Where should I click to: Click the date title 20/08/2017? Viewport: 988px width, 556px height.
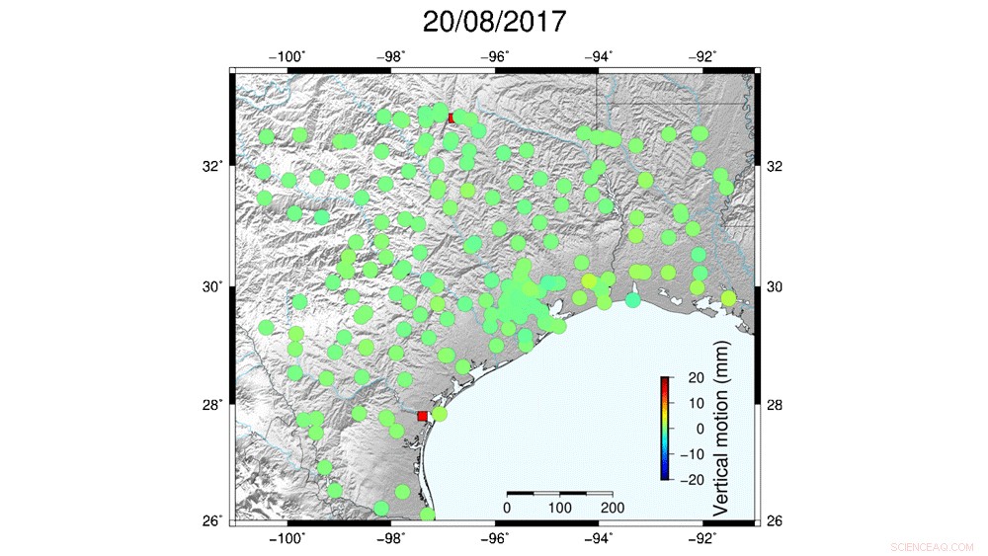(494, 22)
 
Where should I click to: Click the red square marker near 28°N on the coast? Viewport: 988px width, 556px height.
(423, 416)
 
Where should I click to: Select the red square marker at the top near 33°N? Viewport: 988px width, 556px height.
(453, 118)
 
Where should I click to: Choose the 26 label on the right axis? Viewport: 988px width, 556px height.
(776, 521)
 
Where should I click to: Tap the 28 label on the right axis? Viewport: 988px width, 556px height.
(776, 405)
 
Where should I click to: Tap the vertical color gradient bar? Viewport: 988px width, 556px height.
(666, 429)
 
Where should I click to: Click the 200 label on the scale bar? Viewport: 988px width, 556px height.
(613, 508)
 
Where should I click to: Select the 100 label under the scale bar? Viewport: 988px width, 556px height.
(559, 508)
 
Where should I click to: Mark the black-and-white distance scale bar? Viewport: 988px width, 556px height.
(559, 492)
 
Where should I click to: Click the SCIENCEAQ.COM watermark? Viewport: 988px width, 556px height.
(932, 546)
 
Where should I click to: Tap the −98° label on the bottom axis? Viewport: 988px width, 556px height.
(391, 538)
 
